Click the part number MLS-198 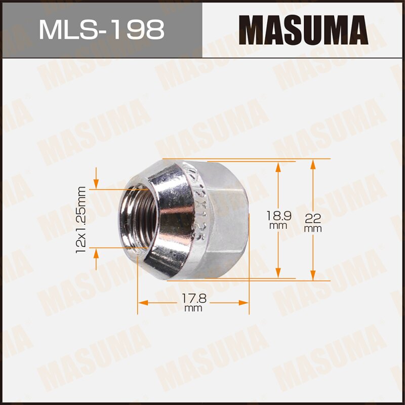[x=101, y=29]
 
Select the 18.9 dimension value [x=278, y=215]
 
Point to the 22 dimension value [x=313, y=219]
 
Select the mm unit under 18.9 [x=278, y=226]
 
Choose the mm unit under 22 [x=313, y=229]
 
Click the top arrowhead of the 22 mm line [x=313, y=164]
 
